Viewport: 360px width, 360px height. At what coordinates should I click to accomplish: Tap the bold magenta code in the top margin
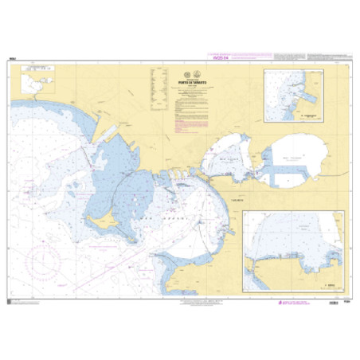(x=180, y=57)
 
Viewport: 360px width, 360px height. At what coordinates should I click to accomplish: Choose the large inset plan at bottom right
(x=294, y=249)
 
